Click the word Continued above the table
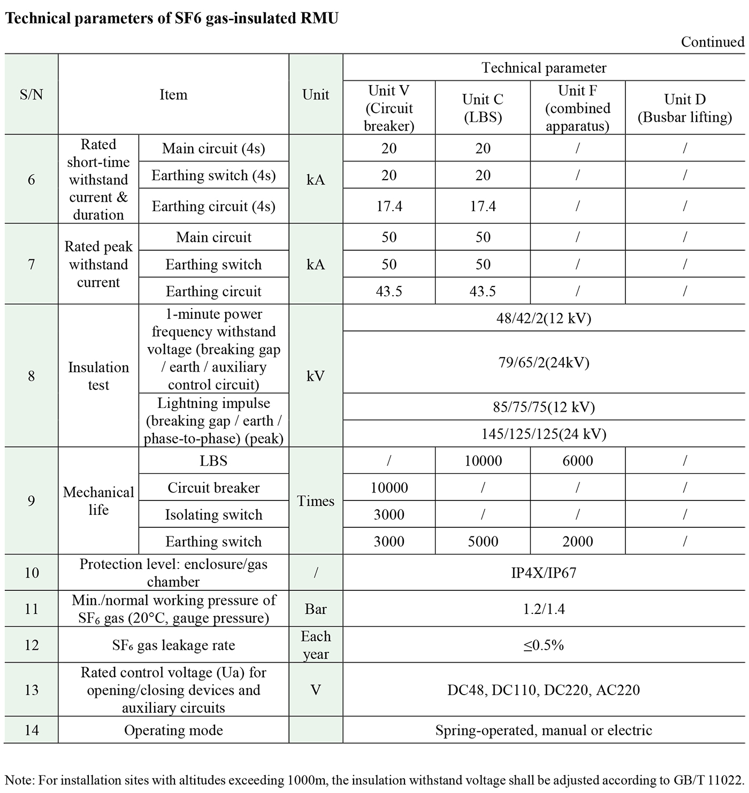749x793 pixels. (x=712, y=42)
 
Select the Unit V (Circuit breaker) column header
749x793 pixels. (x=389, y=108)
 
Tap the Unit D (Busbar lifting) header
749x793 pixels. (x=684, y=108)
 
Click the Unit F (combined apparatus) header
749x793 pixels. (x=577, y=108)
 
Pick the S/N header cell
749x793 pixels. (x=31, y=95)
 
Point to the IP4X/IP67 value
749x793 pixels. (x=544, y=573)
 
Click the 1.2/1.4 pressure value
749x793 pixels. (x=544, y=609)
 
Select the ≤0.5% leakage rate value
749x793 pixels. (x=544, y=645)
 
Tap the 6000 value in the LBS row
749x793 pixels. (x=577, y=461)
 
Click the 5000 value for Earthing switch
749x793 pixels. (x=483, y=541)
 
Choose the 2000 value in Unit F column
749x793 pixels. (x=577, y=541)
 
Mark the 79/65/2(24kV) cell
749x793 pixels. (x=544, y=363)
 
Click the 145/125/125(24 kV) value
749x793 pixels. (x=544, y=434)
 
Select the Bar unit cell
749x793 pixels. (x=316, y=609)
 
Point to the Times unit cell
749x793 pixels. (x=316, y=501)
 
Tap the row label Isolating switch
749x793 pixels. (x=213, y=514)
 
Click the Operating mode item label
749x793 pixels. (x=173, y=730)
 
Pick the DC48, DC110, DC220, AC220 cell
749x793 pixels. (x=544, y=690)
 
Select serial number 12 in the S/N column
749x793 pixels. (x=32, y=645)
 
